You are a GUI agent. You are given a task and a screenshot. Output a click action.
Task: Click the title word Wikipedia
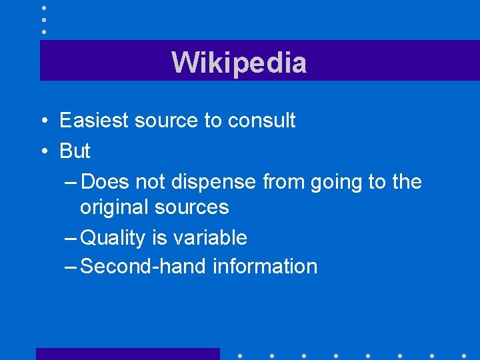coord(239,63)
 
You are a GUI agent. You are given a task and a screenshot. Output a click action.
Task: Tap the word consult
coord(261,121)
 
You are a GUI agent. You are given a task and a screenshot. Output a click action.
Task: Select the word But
coord(75,151)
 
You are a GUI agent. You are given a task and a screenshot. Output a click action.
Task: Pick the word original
coord(114,207)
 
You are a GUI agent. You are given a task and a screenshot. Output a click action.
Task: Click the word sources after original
coord(191,207)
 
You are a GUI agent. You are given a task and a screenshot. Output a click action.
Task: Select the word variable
coord(212,237)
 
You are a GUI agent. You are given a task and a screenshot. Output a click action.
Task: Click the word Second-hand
coord(143,267)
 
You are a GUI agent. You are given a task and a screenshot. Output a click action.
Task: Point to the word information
coord(265,267)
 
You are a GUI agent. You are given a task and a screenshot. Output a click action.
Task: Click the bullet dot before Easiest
coord(43,121)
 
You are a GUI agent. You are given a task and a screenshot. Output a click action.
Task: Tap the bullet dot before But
coord(43,152)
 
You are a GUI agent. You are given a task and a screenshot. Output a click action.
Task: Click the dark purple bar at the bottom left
coord(127,354)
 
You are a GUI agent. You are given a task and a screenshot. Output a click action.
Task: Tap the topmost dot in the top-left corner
coord(43,8)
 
